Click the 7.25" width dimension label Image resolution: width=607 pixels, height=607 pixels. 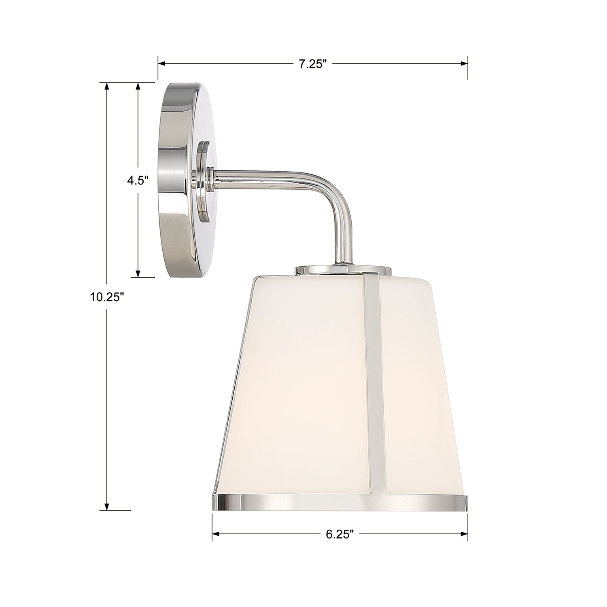pos(313,64)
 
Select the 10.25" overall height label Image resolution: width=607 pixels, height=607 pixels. pos(106,297)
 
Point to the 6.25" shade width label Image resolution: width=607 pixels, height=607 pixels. pos(340,534)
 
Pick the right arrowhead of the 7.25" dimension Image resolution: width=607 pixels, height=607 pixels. pos(465,64)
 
